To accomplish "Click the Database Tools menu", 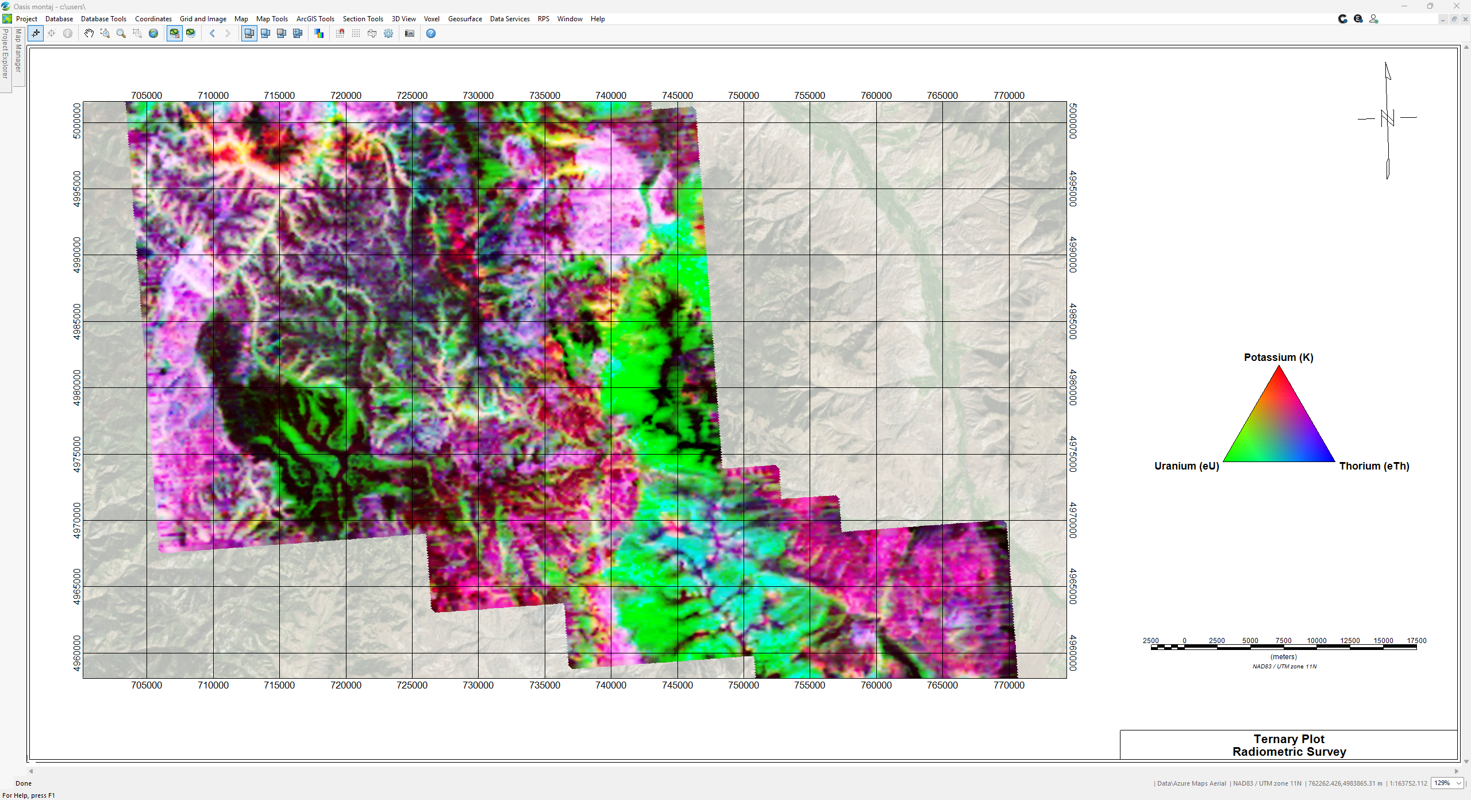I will click(x=103, y=19).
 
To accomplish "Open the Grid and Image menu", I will click(x=203, y=19).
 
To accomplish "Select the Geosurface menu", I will click(x=465, y=19).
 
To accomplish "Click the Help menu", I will click(x=598, y=19).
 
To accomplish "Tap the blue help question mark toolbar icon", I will click(x=431, y=33).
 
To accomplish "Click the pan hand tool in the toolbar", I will click(x=88, y=33).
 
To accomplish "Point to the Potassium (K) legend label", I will click(x=1279, y=357).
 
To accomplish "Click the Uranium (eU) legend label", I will click(x=1187, y=466).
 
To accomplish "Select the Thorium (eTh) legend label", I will click(x=1374, y=466).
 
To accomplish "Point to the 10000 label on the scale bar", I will click(x=1316, y=641).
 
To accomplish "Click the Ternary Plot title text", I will click(x=1289, y=739).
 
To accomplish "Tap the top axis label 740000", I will click(x=611, y=95).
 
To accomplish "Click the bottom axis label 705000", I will click(x=147, y=685).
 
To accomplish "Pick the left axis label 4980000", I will click(x=77, y=387).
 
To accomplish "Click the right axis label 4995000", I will click(x=1073, y=189).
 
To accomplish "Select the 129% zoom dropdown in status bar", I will click(x=1447, y=783).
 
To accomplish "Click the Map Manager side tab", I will click(x=18, y=52).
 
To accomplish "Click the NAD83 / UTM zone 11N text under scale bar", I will click(x=1284, y=667).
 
